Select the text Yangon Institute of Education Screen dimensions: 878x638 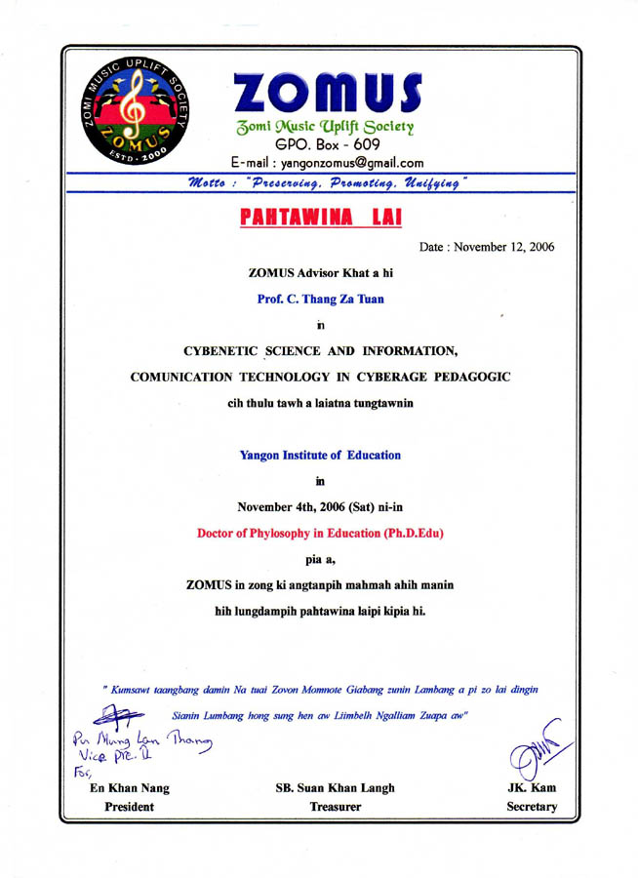pyautogui.click(x=320, y=455)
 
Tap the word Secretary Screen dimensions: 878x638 pyautogui.click(x=526, y=808)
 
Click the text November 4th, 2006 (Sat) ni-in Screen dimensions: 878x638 pyautogui.click(x=320, y=505)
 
